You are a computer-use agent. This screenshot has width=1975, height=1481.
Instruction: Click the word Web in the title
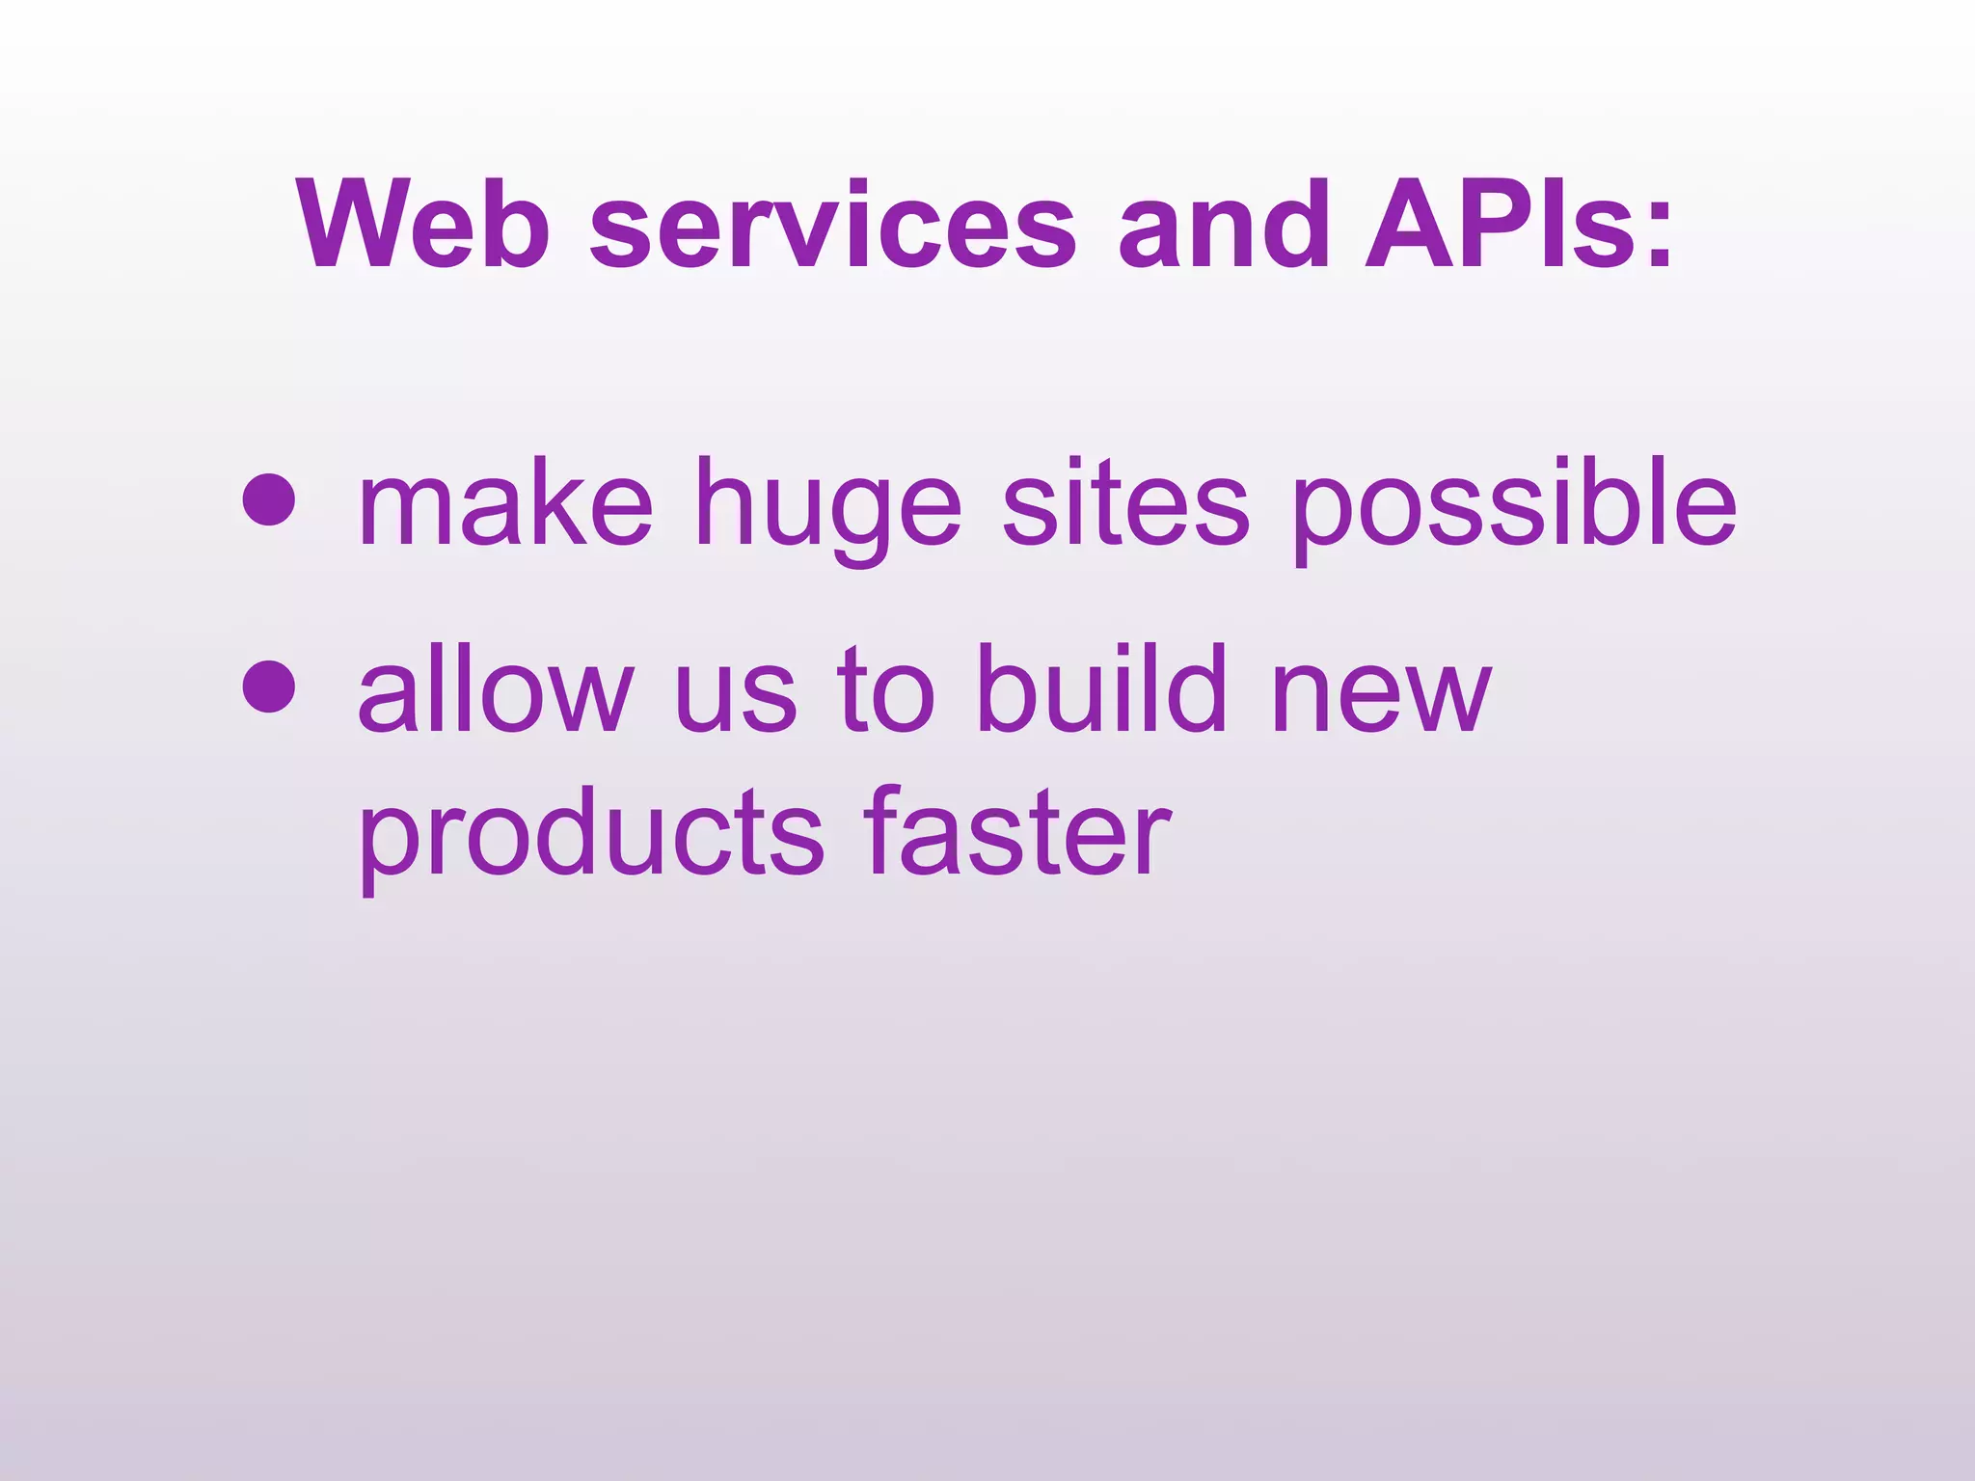pyautogui.click(x=424, y=226)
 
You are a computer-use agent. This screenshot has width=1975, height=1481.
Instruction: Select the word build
pyautogui.click(x=1100, y=689)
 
